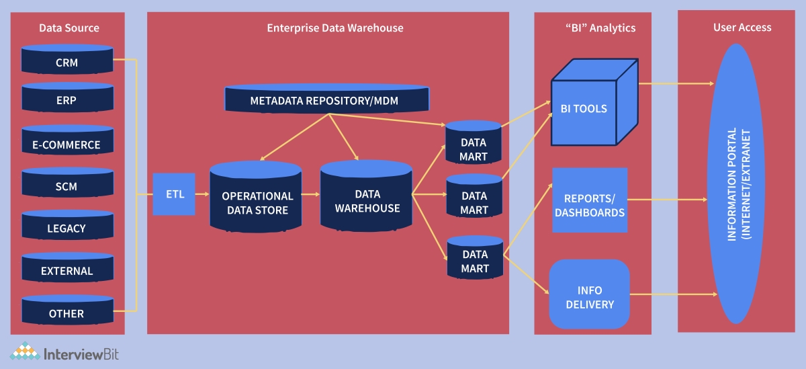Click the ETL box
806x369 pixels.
pos(173,194)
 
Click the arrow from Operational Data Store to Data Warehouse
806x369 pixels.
pos(310,194)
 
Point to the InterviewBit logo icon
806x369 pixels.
pos(24,353)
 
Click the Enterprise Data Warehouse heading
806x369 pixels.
pos(334,28)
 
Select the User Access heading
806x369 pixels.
pos(742,28)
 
